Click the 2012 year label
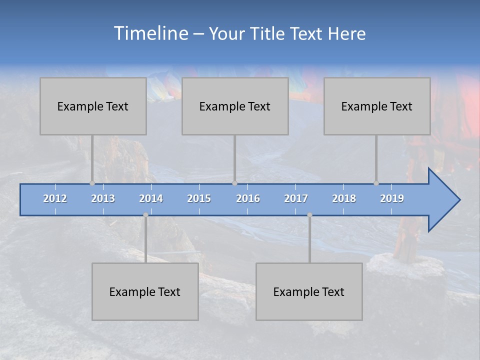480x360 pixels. click(55, 198)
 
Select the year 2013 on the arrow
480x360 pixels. click(103, 198)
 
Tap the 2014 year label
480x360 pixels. click(151, 198)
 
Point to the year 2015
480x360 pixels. click(199, 198)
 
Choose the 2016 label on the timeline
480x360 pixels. click(248, 198)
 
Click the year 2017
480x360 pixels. click(296, 198)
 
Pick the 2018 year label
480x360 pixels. click(344, 198)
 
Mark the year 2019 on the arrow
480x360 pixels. click(392, 198)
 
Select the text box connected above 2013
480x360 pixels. click(93, 106)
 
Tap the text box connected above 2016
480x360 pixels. click(235, 106)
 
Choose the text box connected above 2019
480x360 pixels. click(377, 106)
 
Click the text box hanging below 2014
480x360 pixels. click(145, 291)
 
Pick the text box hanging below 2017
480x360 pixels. click(309, 291)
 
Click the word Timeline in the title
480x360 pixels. click(150, 33)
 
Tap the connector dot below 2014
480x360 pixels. click(145, 215)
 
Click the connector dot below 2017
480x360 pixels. click(309, 215)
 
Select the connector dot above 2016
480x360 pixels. click(234, 183)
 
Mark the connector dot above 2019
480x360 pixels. click(376, 183)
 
